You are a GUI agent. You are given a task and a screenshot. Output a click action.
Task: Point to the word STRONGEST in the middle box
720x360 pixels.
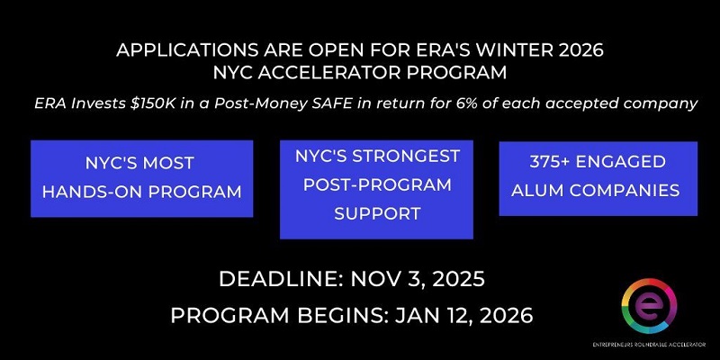[414, 157]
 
